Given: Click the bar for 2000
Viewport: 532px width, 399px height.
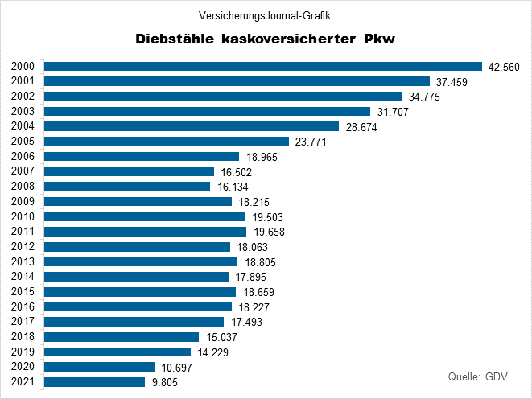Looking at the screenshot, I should pyautogui.click(x=262, y=66).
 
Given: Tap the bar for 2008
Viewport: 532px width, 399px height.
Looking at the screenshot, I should pyautogui.click(x=127, y=187).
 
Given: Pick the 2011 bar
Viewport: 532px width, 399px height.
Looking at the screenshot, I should pyautogui.click(x=145, y=232).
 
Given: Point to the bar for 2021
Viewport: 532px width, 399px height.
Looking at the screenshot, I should pyautogui.click(x=95, y=382).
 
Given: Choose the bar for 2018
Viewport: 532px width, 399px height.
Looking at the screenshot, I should pyautogui.click(x=122, y=337).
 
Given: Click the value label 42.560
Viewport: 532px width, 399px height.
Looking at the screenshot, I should pyautogui.click(x=504, y=67).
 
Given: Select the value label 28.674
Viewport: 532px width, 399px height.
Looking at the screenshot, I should pyautogui.click(x=361, y=127).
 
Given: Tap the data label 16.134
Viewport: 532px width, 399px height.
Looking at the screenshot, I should pyautogui.click(x=232, y=187).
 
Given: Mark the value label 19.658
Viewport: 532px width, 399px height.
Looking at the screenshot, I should pyautogui.click(x=268, y=232).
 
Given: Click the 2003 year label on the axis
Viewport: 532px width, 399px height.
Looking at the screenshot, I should pyautogui.click(x=23, y=111).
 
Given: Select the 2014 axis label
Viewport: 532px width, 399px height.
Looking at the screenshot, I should pyautogui.click(x=23, y=277).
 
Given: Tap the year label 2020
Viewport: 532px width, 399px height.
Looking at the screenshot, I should pyautogui.click(x=23, y=367).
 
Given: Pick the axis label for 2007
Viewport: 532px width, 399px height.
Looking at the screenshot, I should pyautogui.click(x=23, y=171).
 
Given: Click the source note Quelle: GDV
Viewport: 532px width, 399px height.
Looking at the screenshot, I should pyautogui.click(x=477, y=376).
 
